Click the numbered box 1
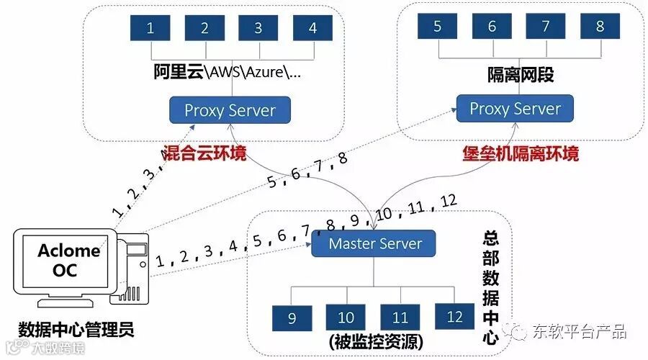pyautogui.click(x=150, y=28)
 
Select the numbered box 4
pyautogui.click(x=312, y=28)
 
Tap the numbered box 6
pyautogui.click(x=492, y=27)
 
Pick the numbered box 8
pyautogui.click(x=600, y=27)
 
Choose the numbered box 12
pyautogui.click(x=454, y=317)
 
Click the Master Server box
pyautogui.click(x=374, y=243)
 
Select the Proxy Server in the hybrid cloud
pyautogui.click(x=230, y=110)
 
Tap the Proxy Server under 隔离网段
pyautogui.click(x=515, y=109)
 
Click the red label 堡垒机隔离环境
pyautogui.click(x=521, y=153)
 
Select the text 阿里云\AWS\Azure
pyautogui.click(x=228, y=73)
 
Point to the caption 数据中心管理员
pyautogui.click(x=76, y=330)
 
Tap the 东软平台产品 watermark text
pyautogui.click(x=579, y=331)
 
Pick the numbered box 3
pyautogui.click(x=258, y=28)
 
